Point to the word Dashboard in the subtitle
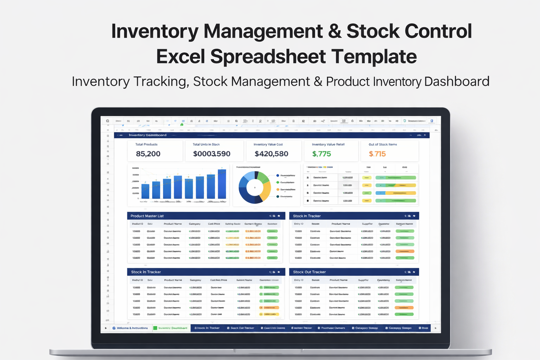[x=457, y=82]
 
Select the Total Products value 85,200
[x=148, y=154]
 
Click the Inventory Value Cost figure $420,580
[x=271, y=154]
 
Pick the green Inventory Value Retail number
[x=321, y=154]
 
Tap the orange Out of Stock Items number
[x=377, y=154]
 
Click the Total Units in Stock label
[x=206, y=144]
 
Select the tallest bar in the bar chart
[x=222, y=184]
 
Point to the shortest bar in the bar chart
[x=145, y=191]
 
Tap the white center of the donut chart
[x=255, y=188]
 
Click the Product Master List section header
[x=147, y=216]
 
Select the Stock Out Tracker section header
[x=309, y=272]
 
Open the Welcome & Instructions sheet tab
[x=132, y=328]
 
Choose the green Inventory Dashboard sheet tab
[x=172, y=328]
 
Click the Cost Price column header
[x=214, y=224]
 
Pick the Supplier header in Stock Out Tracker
[x=363, y=280]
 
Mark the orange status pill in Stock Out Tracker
[x=404, y=308]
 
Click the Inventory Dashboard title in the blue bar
[x=147, y=135]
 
